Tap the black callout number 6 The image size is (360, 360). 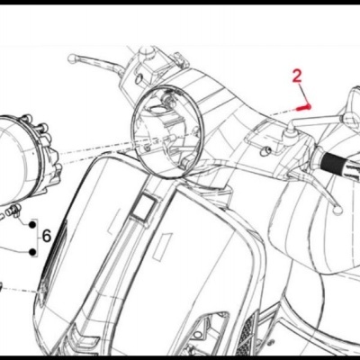pyautogui.click(x=48, y=238)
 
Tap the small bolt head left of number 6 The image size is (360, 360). pyautogui.click(x=14, y=212)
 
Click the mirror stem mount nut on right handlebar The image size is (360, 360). pyautogui.click(x=291, y=131)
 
